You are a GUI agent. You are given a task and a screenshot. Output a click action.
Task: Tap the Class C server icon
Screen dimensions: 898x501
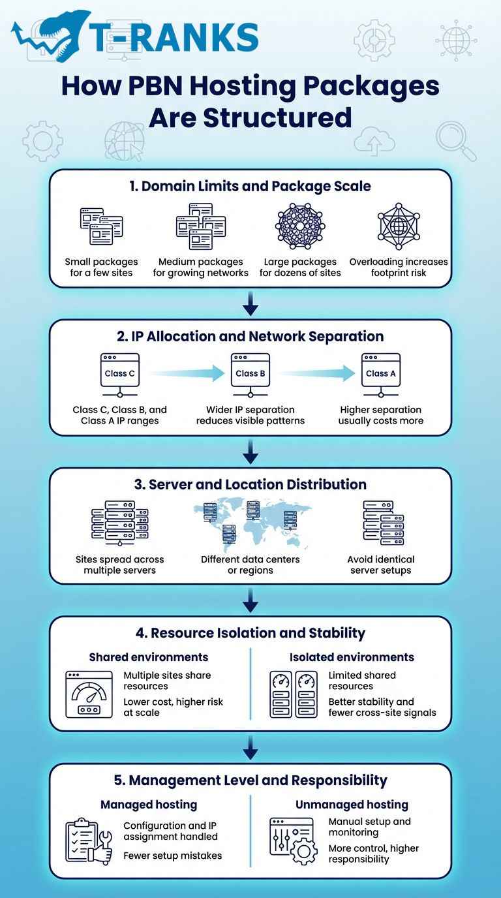coord(119,375)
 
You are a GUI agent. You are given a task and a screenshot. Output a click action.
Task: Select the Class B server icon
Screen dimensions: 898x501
coord(250,375)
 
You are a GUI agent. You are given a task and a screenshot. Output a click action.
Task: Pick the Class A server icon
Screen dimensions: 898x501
coord(380,375)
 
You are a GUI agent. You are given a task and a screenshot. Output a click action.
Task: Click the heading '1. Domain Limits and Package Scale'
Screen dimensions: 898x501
coord(250,186)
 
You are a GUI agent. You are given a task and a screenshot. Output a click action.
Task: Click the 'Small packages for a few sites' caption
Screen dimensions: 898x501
coord(101,267)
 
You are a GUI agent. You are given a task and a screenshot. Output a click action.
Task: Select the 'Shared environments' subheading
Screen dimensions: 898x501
coord(149,657)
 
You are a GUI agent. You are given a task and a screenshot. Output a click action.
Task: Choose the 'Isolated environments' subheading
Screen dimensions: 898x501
coord(352,657)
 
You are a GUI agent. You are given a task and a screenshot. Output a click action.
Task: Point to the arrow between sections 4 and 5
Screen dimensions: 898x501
coord(250,748)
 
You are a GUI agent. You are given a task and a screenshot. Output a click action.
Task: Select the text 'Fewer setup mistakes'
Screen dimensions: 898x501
coord(172,856)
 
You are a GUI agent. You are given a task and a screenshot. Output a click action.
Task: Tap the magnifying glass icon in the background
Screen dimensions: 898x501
coord(455,140)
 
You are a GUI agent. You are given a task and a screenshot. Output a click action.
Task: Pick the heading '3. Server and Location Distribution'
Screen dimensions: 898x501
coord(250,484)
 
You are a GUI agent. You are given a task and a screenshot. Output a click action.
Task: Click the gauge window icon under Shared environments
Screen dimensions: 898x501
coord(89,694)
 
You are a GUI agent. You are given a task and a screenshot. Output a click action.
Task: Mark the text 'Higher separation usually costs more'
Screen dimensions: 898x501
coord(380,415)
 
